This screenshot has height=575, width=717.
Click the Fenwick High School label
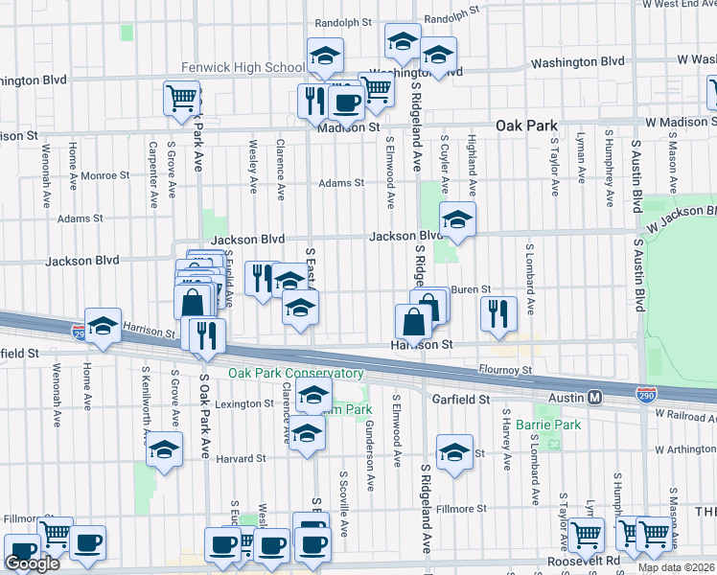coord(243,68)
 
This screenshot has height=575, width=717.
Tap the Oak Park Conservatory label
coord(295,373)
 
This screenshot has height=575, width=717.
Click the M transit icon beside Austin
coord(594,397)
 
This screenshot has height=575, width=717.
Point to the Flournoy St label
coord(505,370)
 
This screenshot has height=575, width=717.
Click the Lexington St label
coord(245,404)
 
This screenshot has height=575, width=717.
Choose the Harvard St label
coord(241,459)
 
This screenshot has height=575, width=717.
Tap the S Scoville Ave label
coord(344,502)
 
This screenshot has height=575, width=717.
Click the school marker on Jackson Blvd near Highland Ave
coord(457,221)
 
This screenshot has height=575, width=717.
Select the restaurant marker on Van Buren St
coord(497,314)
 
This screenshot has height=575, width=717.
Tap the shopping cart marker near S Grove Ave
coord(181,98)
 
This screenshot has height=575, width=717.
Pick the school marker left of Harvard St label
coord(165,449)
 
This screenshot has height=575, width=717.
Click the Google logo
coord(32,563)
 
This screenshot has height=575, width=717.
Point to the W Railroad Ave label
coord(685,413)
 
